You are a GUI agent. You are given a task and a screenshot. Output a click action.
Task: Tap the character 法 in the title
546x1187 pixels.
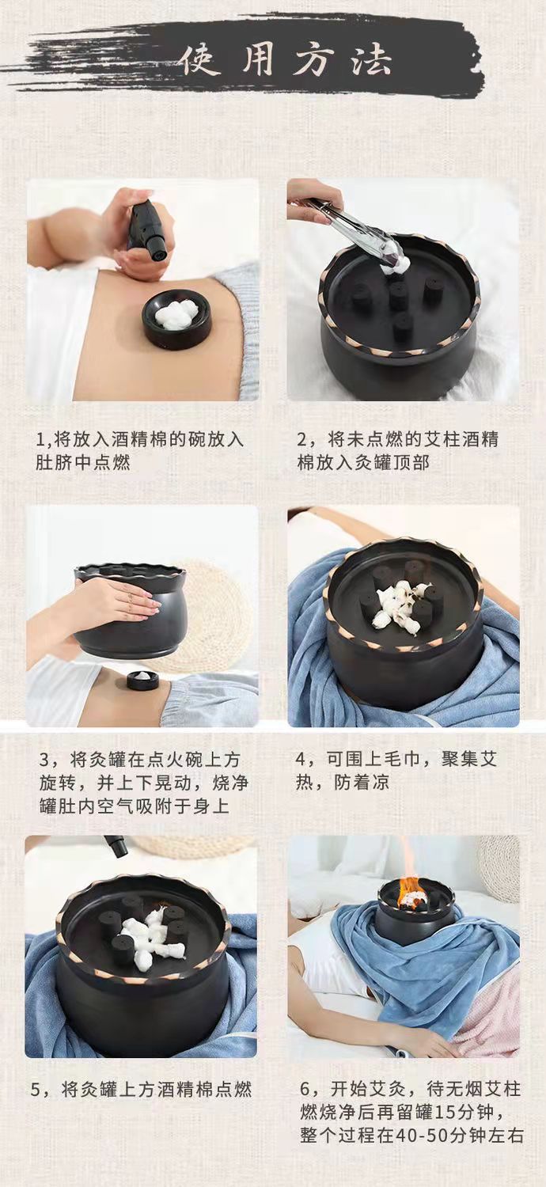click(370, 60)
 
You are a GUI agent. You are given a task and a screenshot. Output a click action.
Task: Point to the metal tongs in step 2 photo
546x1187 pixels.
click(351, 229)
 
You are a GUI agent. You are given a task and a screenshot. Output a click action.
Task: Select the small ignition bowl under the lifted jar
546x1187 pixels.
click(142, 680)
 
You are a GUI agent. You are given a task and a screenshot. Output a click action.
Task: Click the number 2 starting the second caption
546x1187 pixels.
click(303, 440)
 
